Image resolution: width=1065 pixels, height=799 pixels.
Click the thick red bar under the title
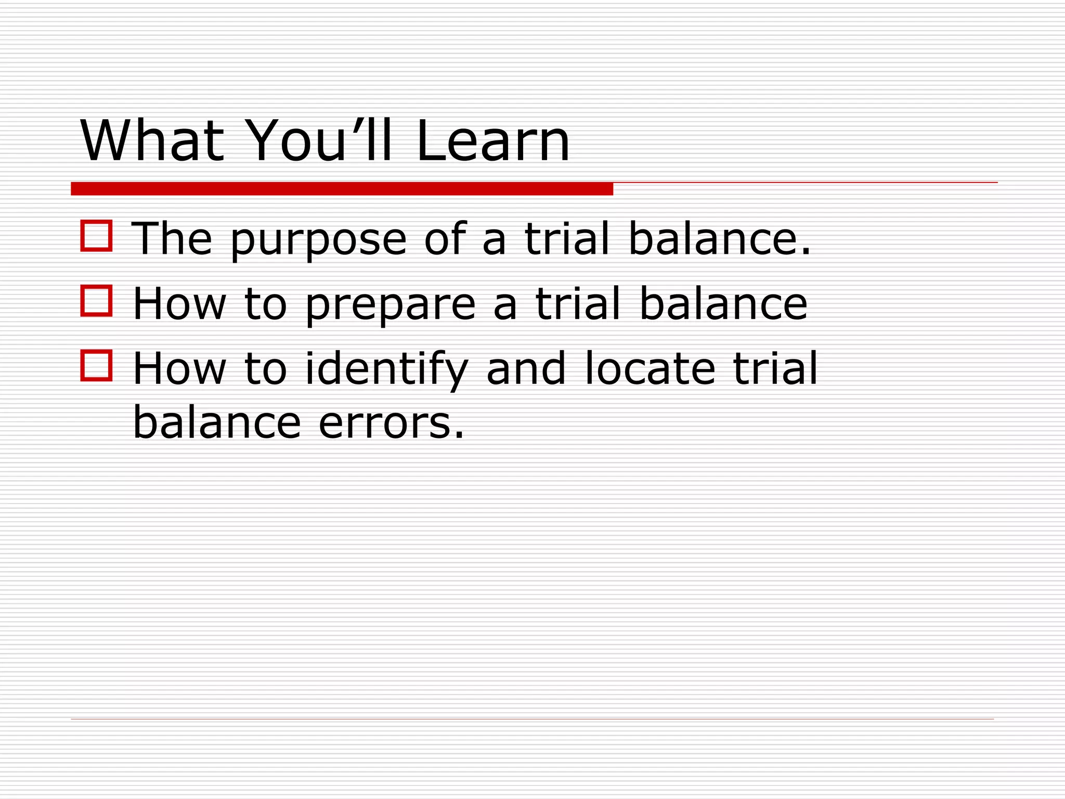click(x=342, y=189)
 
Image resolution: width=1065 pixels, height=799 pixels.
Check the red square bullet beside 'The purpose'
click(x=96, y=236)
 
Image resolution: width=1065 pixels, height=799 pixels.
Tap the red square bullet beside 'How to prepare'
click(x=96, y=301)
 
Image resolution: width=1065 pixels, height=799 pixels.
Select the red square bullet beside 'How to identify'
click(x=96, y=366)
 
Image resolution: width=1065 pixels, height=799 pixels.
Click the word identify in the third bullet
click(x=386, y=369)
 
